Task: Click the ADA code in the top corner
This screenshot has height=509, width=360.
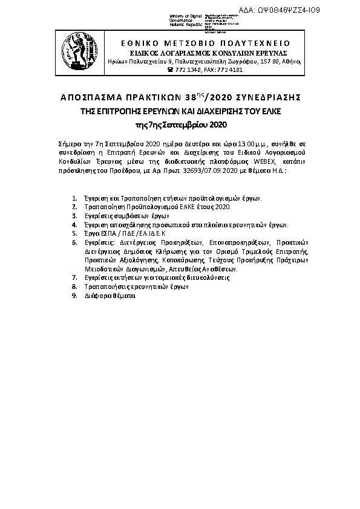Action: [x=315, y=10]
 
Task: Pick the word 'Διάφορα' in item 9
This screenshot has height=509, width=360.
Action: [x=97, y=296]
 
